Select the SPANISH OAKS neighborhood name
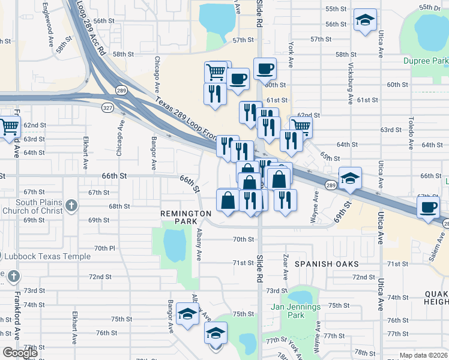tap(327, 264)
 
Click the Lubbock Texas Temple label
tap(47, 257)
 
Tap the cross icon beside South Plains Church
tap(71, 206)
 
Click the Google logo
tap(20, 353)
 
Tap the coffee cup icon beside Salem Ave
tap(428, 208)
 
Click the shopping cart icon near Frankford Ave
tap(10, 127)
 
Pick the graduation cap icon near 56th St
tap(364, 21)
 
